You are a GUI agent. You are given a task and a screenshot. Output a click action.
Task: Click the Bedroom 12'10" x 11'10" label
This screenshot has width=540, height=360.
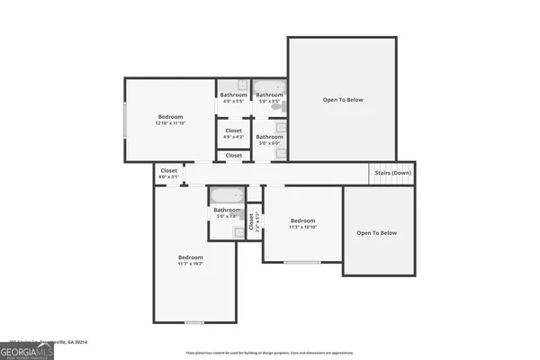tap(171, 121)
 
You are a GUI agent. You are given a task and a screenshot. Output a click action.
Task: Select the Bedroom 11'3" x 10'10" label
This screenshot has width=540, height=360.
tap(302, 224)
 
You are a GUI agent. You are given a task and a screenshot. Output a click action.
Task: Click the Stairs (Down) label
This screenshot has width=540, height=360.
tap(395, 173)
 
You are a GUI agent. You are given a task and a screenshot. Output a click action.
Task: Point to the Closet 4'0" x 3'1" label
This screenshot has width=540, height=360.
tap(168, 173)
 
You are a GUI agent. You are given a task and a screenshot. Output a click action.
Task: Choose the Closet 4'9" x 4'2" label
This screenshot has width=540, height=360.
tap(233, 133)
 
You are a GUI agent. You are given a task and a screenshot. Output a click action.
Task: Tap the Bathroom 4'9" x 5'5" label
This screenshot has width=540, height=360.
tap(233, 99)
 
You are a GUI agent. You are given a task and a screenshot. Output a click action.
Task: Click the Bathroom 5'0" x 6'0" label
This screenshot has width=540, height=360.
tap(269, 139)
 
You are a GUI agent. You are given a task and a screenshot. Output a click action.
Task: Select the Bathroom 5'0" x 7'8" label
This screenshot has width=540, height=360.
tap(227, 213)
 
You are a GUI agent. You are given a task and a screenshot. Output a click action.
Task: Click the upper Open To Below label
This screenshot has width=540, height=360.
tap(343, 99)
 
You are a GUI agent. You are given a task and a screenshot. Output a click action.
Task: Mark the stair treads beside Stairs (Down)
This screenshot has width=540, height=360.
tap(382, 173)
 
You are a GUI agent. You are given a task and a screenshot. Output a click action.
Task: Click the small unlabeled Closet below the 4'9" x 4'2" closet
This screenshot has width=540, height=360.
tap(233, 156)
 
